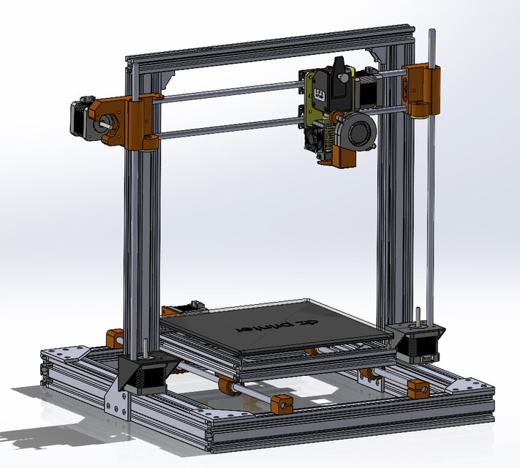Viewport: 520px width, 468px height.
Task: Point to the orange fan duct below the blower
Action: pos(342,158)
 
